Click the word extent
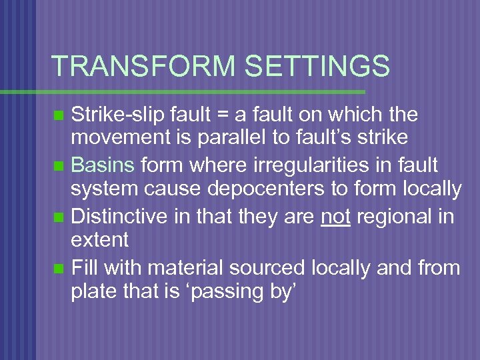(x=100, y=239)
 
